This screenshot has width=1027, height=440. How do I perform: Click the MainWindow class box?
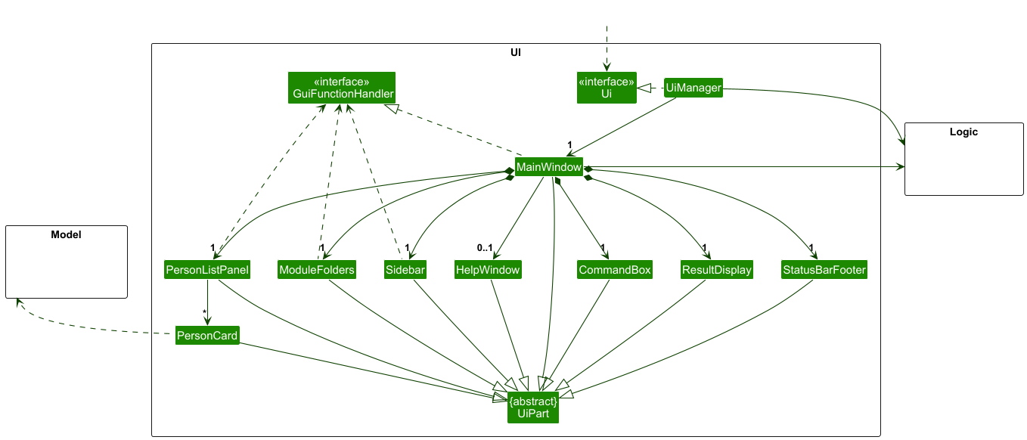(549, 166)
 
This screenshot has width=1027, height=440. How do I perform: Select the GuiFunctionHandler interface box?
(342, 88)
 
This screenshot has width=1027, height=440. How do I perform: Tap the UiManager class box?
(693, 88)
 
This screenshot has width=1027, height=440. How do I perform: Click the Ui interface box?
(607, 88)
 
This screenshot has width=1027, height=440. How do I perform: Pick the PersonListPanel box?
(206, 270)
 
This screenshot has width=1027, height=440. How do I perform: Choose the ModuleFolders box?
(316, 270)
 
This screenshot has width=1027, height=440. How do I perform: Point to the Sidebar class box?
(405, 270)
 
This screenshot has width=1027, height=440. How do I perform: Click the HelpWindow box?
(488, 270)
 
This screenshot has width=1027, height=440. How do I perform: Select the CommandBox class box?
(614, 270)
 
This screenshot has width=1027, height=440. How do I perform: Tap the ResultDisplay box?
(716, 270)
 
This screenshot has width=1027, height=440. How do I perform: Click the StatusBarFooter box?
(824, 270)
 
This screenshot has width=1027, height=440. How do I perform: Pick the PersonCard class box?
(206, 335)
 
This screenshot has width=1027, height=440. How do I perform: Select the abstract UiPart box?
(533, 407)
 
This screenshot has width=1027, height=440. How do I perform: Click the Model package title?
(66, 235)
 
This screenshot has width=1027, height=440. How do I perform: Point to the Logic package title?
(963, 132)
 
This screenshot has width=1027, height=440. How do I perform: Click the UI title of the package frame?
(516, 53)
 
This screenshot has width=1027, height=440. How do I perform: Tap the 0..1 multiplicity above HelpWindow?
(484, 248)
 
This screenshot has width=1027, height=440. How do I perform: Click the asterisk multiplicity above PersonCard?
(204, 312)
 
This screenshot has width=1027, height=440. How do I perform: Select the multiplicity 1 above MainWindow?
(569, 144)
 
